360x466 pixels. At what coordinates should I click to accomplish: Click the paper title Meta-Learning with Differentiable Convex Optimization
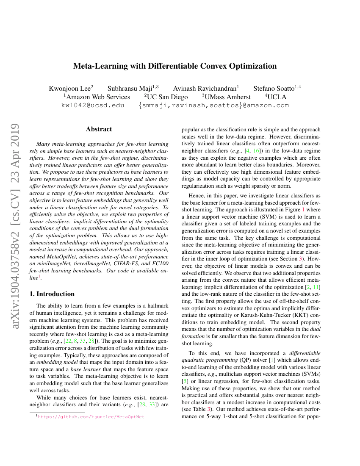pos(175,66)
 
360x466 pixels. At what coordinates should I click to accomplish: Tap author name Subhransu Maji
pos(131,89)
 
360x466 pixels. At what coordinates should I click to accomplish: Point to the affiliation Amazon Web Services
pos(98,97)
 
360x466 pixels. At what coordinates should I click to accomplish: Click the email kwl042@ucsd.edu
pos(93,105)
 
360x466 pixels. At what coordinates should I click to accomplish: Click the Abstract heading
pos(99,129)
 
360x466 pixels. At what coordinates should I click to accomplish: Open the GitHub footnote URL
pos(91,416)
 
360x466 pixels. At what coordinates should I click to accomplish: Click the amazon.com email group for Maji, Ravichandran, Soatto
pos(213,105)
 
